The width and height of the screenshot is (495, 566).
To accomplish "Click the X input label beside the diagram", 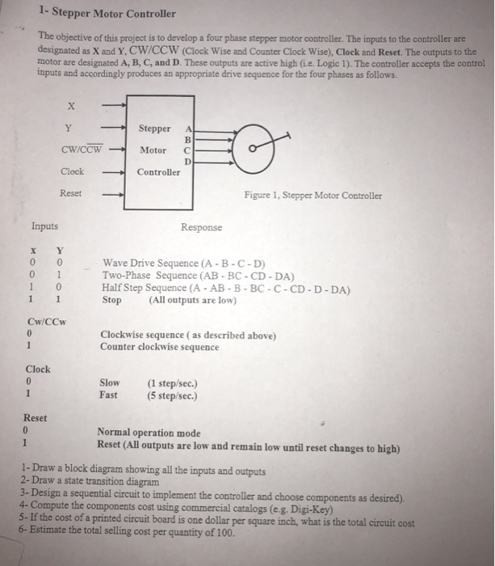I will pyautogui.click(x=71, y=104).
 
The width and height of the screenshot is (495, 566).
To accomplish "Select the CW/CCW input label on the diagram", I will pyautogui.click(x=82, y=150).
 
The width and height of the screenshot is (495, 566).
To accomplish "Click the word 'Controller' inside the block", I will pyautogui.click(x=158, y=172).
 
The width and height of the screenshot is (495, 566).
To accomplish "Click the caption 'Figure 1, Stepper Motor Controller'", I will pyautogui.click(x=313, y=195).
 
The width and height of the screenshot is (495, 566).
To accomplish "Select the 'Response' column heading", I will pyautogui.click(x=202, y=227).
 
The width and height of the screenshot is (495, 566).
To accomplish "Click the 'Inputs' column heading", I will pyautogui.click(x=44, y=227).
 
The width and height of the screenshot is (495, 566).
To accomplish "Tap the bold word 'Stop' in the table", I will pyautogui.click(x=112, y=299).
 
